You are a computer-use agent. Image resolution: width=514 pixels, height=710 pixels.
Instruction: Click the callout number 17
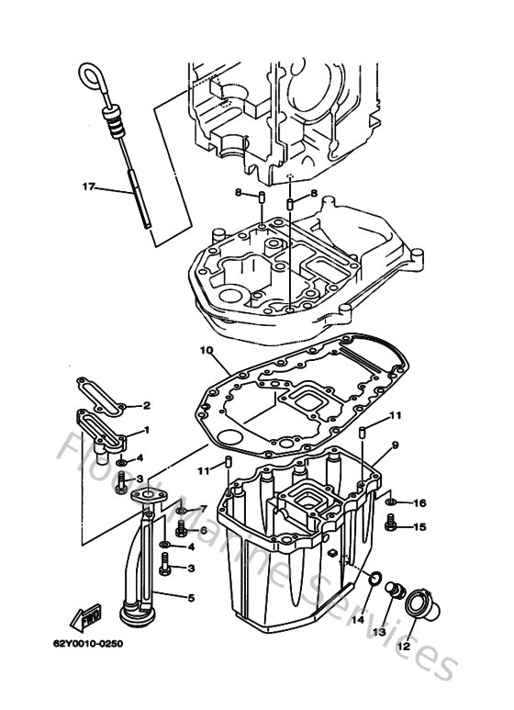[x=89, y=187]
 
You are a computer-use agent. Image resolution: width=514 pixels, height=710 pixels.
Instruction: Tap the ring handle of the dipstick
[x=90, y=73]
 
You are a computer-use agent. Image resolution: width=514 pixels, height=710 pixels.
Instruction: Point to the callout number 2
[x=146, y=405]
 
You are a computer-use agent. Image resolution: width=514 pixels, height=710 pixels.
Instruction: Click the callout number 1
[x=146, y=430]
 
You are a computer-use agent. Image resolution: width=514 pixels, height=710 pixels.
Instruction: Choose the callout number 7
[x=203, y=509]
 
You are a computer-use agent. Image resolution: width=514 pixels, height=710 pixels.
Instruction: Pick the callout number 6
[x=203, y=530]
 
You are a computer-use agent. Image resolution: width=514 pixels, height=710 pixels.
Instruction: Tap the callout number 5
[x=191, y=598]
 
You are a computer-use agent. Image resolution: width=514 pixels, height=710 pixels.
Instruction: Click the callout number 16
[x=419, y=502]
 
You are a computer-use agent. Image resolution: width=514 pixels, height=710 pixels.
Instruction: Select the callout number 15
[x=419, y=526]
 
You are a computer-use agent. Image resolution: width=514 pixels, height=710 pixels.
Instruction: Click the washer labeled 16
[x=393, y=502]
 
